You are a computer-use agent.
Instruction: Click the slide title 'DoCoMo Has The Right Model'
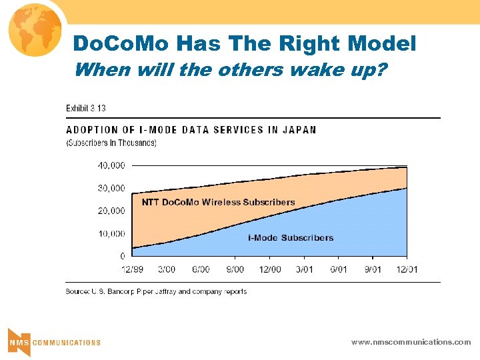pyautogui.click(x=244, y=44)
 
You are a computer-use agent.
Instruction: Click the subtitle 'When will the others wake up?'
pyautogui.click(x=230, y=69)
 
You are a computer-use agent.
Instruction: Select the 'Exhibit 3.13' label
pyautogui.click(x=85, y=108)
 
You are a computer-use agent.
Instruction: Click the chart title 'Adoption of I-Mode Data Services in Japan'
pyautogui.click(x=191, y=130)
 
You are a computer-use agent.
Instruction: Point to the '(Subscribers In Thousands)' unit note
pyautogui.click(x=111, y=143)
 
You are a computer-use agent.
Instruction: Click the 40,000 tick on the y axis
pyautogui.click(x=111, y=165)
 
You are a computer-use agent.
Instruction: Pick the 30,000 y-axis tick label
pyautogui.click(x=111, y=188)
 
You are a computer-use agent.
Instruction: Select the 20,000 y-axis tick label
pyautogui.click(x=111, y=211)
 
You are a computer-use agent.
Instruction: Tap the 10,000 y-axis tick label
pyautogui.click(x=111, y=234)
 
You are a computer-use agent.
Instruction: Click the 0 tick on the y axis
pyautogui.click(x=122, y=257)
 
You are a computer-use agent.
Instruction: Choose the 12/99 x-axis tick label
pyautogui.click(x=132, y=269)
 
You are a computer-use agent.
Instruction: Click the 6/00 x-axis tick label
pyautogui.click(x=201, y=269)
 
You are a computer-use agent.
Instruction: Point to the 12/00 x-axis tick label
pyautogui.click(x=269, y=269)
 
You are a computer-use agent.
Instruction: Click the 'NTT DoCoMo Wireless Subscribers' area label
pyautogui.click(x=218, y=202)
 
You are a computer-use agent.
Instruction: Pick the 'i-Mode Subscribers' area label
pyautogui.click(x=291, y=238)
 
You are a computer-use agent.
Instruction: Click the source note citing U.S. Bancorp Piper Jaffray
pyautogui.click(x=156, y=291)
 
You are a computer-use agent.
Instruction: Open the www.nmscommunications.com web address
pyautogui.click(x=411, y=342)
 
